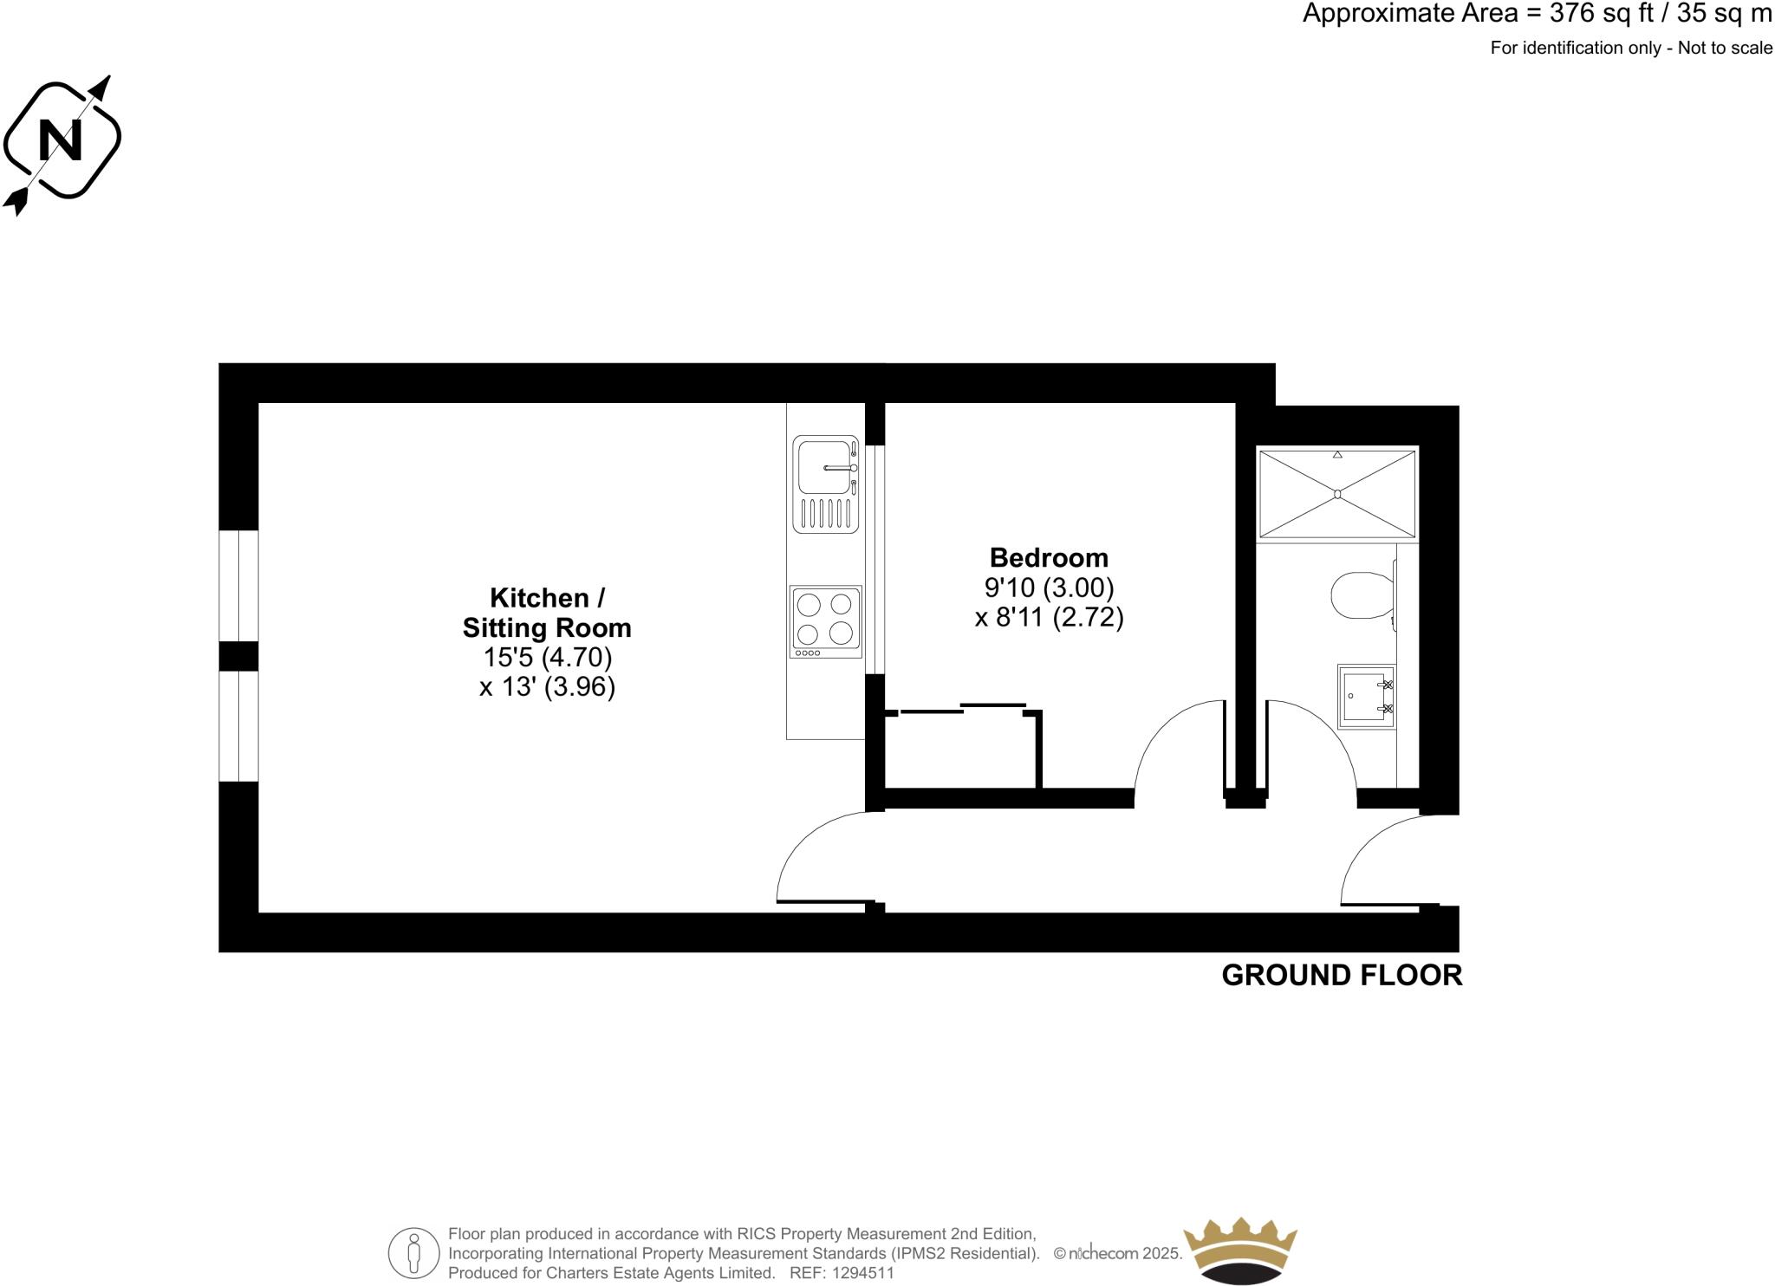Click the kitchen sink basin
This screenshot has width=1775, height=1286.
coord(823,468)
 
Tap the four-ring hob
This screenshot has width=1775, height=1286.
coord(826,620)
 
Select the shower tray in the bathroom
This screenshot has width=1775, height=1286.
coord(1337,493)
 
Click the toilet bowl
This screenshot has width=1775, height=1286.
coord(1360,594)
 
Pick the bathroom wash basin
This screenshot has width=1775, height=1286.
coord(1367,697)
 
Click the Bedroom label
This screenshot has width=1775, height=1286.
coord(1049,557)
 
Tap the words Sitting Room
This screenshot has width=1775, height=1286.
coord(547,627)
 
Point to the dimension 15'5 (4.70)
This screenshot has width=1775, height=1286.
coord(547,657)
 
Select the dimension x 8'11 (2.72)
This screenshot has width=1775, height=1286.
coord(1049,618)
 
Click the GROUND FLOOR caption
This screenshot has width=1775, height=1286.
coord(1341,975)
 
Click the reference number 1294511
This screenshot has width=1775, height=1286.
coord(862,1273)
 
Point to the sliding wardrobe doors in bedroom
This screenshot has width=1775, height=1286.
coord(962,709)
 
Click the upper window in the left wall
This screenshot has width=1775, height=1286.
coord(238,585)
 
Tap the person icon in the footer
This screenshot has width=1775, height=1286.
coord(414,1253)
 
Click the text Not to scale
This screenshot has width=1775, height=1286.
coord(1725,49)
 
